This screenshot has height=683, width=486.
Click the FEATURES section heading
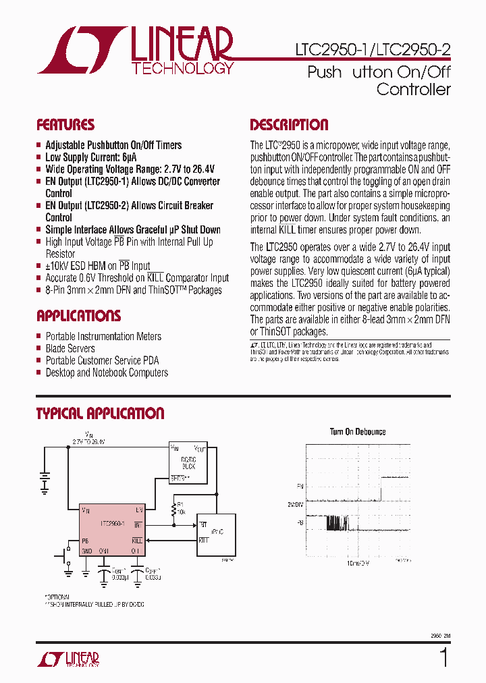65,125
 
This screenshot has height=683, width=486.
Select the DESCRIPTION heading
289,125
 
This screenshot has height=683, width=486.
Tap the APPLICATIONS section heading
79,316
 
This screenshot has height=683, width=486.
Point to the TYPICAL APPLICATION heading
100,414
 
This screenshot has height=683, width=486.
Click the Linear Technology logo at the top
135,51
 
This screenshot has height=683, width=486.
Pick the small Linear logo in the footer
67,659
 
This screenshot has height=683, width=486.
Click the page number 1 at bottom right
443,657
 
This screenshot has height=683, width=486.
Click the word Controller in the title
413,89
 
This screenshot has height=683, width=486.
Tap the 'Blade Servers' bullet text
70,348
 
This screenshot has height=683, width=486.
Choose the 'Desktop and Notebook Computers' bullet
107,373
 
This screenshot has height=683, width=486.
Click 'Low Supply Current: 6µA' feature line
90,157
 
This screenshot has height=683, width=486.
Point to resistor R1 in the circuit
174,508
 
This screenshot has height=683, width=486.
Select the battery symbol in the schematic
45,481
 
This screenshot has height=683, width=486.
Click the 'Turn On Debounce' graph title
358,432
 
